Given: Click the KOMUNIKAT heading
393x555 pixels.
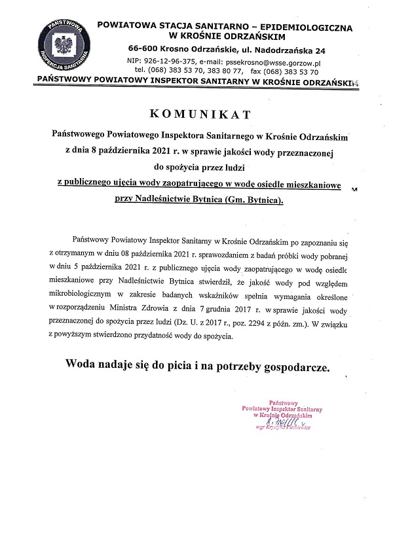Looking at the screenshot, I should (x=200, y=115).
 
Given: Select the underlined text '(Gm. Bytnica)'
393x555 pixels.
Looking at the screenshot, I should (x=254, y=202).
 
